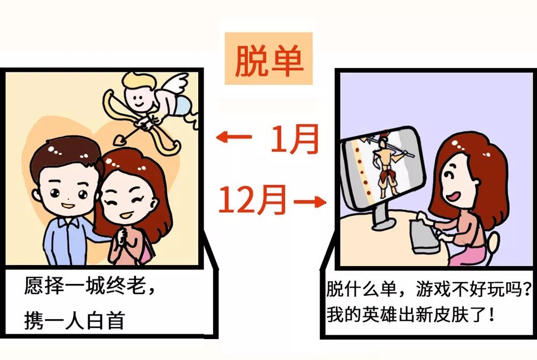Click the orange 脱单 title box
268,58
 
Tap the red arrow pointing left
234,137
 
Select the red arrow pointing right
310,202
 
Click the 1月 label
294,138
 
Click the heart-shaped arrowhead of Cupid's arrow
120,139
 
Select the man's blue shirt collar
69,223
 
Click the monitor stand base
383,224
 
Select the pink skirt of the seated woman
469,255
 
